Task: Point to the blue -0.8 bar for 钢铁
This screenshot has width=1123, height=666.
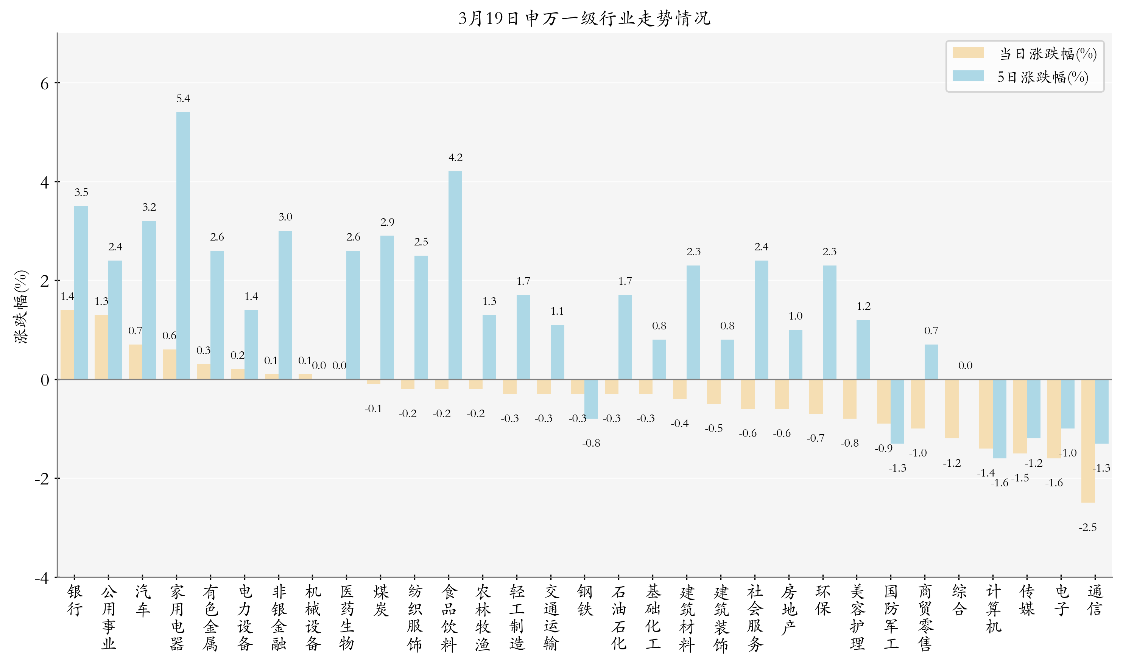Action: [x=591, y=399]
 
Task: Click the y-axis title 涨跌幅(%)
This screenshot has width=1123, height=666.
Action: [x=21, y=307]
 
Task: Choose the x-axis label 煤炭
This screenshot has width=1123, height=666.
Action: [x=380, y=600]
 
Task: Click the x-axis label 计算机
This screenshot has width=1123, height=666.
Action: [x=993, y=609]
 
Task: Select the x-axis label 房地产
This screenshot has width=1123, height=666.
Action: [x=788, y=609]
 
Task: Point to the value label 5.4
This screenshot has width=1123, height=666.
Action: [x=183, y=99]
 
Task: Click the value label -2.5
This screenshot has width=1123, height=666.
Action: [x=1087, y=527]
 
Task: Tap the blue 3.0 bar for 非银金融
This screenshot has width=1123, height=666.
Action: [x=285, y=305]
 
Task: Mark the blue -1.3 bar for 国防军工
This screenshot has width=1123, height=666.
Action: [x=897, y=411]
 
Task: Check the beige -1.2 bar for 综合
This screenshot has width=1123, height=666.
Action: [x=952, y=409]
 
